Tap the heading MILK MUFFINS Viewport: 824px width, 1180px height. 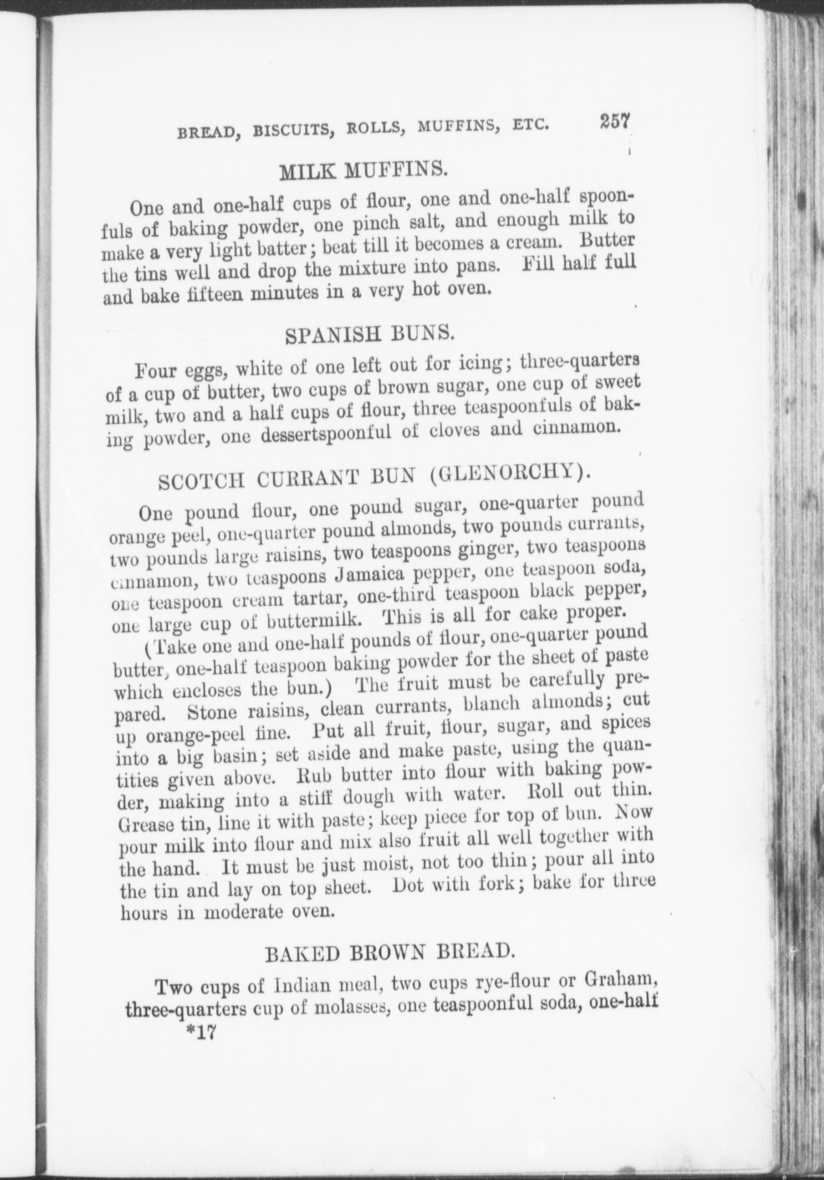point(363,171)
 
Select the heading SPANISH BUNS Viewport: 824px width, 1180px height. point(369,335)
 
